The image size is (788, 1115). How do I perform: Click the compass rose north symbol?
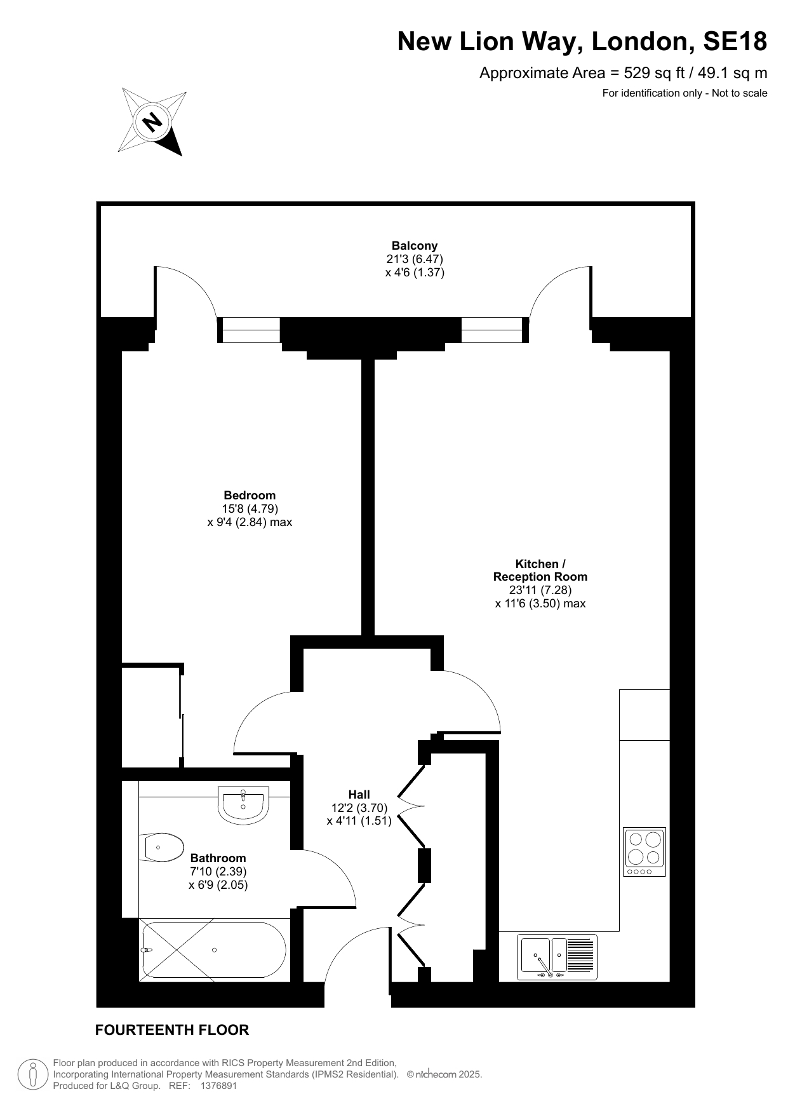click(x=152, y=121)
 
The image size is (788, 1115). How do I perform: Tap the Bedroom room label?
click(x=250, y=496)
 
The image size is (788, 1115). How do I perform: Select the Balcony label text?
click(x=415, y=246)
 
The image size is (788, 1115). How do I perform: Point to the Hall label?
click(x=359, y=794)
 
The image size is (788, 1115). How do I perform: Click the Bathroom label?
click(x=218, y=858)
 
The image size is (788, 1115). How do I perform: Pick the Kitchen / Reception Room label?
click(x=540, y=571)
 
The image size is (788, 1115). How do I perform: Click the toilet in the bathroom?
click(x=161, y=848)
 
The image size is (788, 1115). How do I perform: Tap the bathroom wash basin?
click(x=244, y=805)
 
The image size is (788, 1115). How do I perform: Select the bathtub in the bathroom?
click(x=214, y=950)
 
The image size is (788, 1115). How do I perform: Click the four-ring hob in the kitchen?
click(x=644, y=852)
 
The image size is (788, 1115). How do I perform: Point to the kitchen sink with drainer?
click(x=558, y=957)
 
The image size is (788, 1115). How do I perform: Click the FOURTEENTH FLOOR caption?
click(x=172, y=1030)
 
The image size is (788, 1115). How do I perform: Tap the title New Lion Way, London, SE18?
click(x=582, y=42)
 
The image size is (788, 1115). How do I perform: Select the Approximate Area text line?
click(x=623, y=73)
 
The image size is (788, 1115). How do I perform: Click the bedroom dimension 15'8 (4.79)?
click(x=250, y=509)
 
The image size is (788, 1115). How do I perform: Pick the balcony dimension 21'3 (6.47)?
click(x=415, y=259)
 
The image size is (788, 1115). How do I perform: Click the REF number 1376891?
click(x=218, y=1086)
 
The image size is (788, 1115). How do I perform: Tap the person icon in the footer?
click(x=33, y=1074)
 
